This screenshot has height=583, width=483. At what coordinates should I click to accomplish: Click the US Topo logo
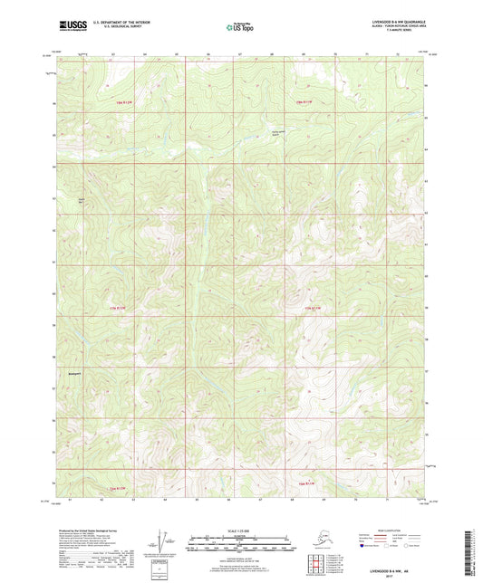(x=240, y=26)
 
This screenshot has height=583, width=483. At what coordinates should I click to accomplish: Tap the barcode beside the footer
(x=472, y=549)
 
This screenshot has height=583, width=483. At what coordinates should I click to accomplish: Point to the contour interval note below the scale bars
(x=240, y=556)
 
